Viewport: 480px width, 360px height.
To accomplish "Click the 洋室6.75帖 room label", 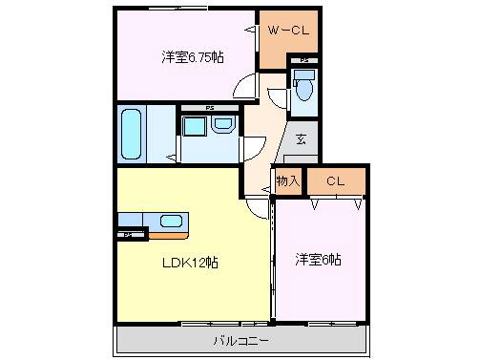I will (192, 58).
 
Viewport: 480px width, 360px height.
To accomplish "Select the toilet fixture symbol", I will (303, 90).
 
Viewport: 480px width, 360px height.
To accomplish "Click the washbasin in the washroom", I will (223, 125).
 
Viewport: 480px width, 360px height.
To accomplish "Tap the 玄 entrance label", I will (301, 139).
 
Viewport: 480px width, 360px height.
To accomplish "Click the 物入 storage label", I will (288, 180).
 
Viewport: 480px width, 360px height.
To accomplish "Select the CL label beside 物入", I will (334, 180).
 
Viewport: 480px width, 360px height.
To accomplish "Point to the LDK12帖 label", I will (190, 262).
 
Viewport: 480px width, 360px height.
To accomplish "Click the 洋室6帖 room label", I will (319, 260).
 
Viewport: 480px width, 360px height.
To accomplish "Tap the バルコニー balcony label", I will (240, 340).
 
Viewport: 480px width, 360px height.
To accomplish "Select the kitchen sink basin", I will (172, 222).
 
